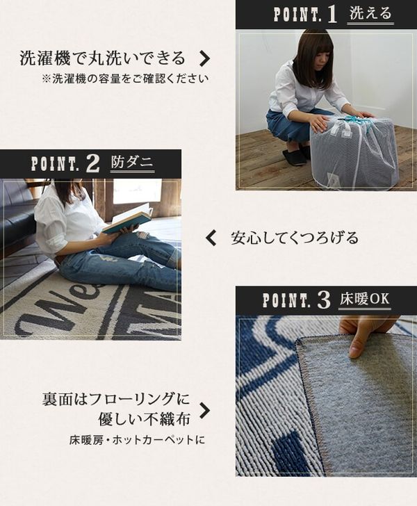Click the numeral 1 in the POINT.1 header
point(332,15)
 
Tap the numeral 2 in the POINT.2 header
point(92,164)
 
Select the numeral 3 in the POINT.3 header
point(324,300)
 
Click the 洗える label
point(370,14)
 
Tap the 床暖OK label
point(364,299)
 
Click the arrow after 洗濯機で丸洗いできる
point(204,58)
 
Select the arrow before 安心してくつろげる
point(211,238)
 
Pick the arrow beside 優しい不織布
point(204,411)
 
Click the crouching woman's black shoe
point(295,155)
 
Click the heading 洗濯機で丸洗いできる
point(103,58)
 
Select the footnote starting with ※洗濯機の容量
point(125,79)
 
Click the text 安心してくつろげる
point(295,238)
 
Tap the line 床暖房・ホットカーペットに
point(137,440)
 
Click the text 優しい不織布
point(144,420)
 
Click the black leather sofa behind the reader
point(19,216)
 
